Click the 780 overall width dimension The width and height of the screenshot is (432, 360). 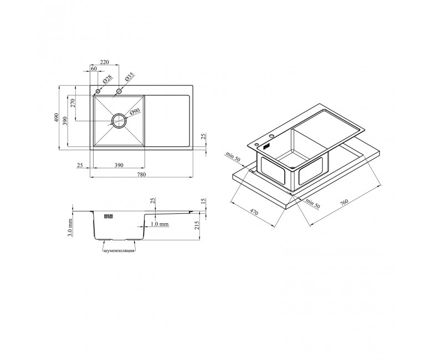(141, 174)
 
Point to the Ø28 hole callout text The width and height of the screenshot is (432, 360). (107, 80)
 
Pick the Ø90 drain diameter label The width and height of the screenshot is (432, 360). (135, 112)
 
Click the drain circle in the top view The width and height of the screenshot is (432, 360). (119, 120)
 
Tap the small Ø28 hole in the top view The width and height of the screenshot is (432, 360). (98, 91)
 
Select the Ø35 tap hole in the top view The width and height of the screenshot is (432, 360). (119, 91)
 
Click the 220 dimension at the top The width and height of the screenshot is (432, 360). (105, 62)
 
